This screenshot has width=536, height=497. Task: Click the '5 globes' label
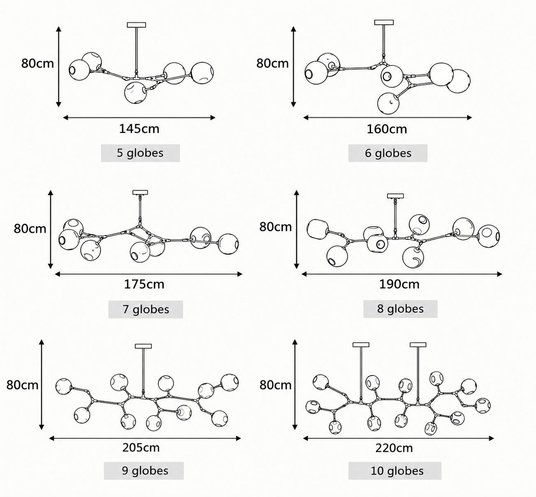[140, 153]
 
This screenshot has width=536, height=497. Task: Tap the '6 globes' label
[388, 153]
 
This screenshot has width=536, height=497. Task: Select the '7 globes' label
[146, 309]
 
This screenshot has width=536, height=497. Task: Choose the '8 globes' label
[400, 309]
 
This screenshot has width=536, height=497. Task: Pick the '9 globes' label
[145, 471]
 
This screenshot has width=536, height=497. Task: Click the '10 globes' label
[397, 471]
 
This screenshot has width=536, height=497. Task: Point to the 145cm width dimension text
[139, 128]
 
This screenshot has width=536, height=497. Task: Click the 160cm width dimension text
[387, 129]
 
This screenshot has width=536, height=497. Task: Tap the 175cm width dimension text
[144, 284]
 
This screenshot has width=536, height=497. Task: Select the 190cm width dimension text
[399, 284]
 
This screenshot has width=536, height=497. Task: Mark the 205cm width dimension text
[141, 448]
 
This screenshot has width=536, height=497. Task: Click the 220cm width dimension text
[394, 448]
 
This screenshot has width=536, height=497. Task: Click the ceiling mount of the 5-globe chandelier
[137, 25]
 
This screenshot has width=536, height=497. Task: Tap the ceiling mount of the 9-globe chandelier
[143, 346]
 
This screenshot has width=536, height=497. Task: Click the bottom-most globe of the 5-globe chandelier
[135, 93]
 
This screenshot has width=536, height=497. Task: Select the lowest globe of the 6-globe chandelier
[388, 103]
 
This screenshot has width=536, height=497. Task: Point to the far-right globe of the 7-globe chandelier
[228, 244]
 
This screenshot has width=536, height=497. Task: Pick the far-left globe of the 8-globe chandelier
[318, 229]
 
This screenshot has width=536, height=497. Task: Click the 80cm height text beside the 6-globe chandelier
[273, 63]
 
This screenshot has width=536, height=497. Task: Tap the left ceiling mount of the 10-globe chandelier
[361, 345]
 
